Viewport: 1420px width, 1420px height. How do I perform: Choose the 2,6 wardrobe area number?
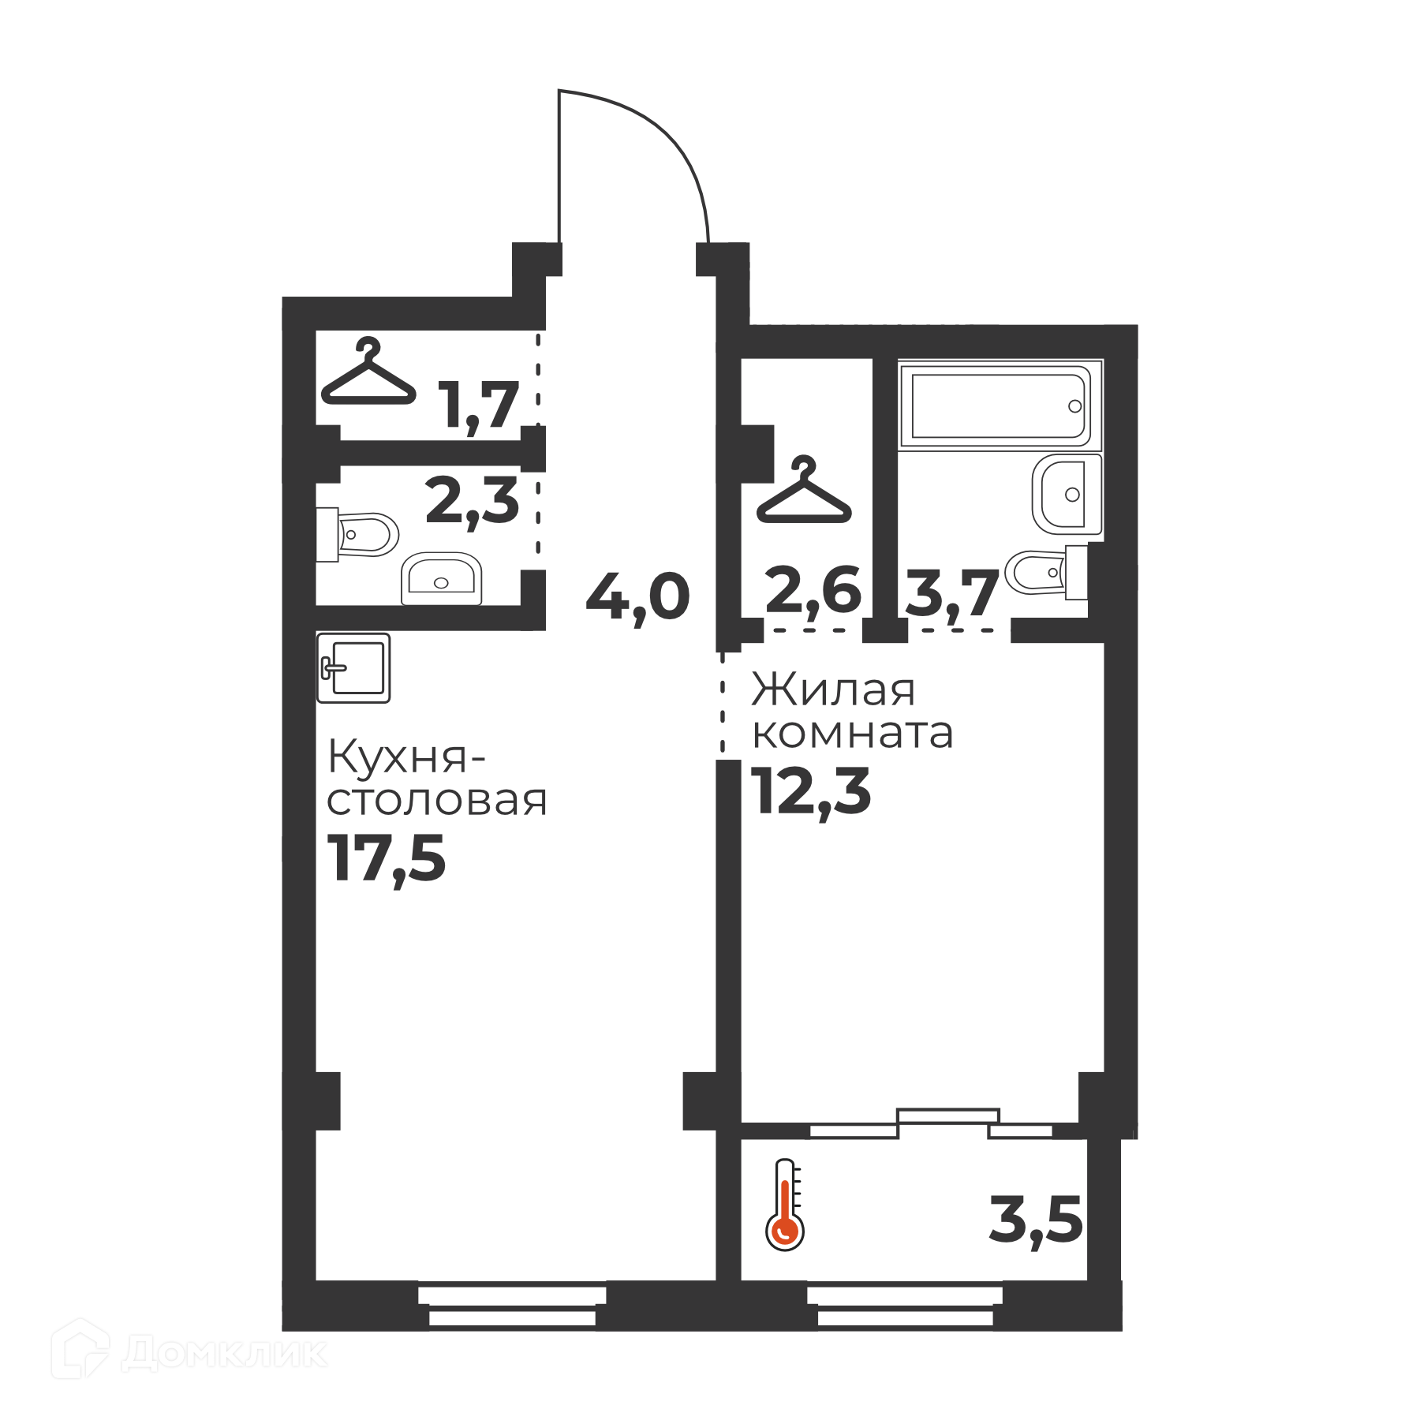(813, 592)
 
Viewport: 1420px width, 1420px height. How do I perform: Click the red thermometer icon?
(785, 1204)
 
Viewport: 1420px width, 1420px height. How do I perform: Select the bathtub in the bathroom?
(1000, 405)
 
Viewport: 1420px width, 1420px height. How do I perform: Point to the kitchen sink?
(353, 667)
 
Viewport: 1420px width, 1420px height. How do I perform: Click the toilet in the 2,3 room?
(357, 534)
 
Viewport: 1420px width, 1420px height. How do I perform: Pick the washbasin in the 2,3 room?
(441, 578)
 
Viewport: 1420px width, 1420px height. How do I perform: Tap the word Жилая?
(833, 690)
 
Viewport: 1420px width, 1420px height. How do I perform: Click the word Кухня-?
(406, 757)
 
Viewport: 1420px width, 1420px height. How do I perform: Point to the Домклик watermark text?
(225, 1353)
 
